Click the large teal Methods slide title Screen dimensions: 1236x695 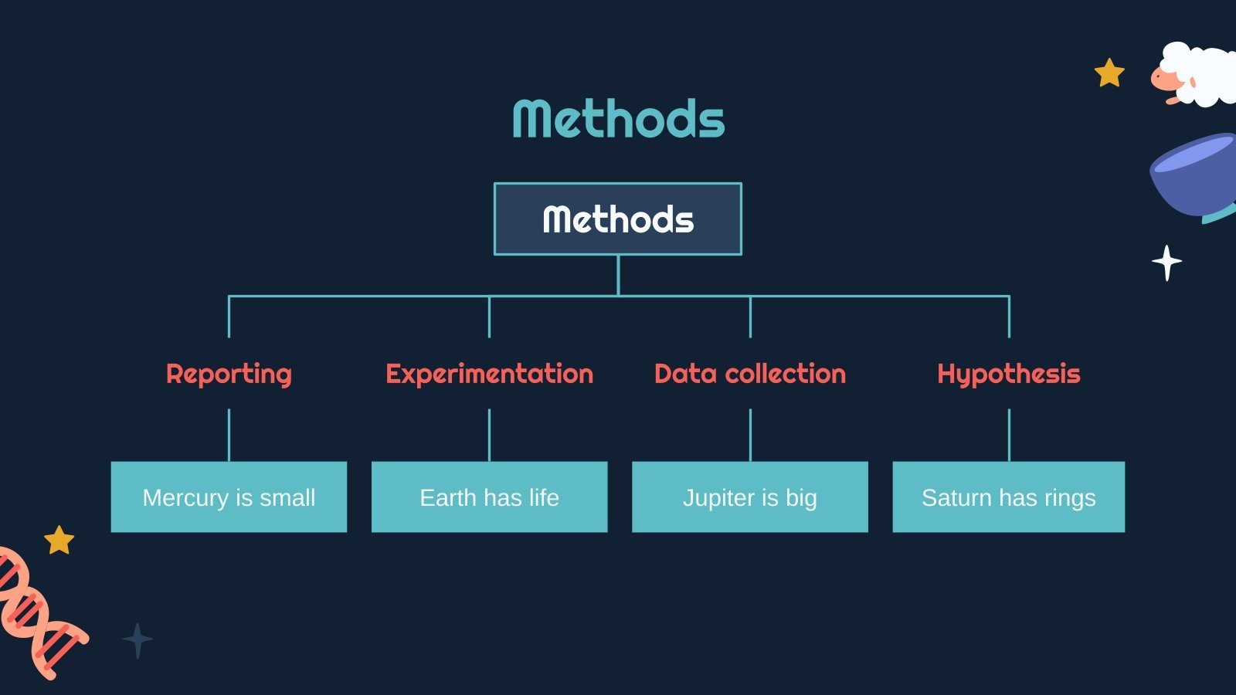tap(619, 118)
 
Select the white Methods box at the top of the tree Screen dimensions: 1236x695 tap(618, 219)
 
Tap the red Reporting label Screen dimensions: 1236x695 tap(229, 375)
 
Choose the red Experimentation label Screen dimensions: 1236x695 tap(490, 375)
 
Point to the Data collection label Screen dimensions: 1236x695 tap(750, 374)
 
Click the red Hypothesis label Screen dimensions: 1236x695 tap(1009, 375)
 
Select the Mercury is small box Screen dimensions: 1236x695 tap(229, 497)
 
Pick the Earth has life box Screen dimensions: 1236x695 tap(490, 497)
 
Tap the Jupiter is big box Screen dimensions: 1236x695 tap(750, 497)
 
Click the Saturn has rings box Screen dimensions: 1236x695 tap(1009, 497)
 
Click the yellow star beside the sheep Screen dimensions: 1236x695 tap(1109, 73)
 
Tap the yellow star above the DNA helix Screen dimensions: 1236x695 tap(59, 540)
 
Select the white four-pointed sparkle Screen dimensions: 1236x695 tap(1166, 263)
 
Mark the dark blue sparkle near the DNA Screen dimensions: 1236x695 tap(138, 640)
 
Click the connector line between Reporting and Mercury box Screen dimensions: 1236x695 tap(229, 436)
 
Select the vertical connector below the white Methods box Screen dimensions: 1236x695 tap(618, 276)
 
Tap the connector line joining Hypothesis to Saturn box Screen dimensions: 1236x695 tap(1009, 436)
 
